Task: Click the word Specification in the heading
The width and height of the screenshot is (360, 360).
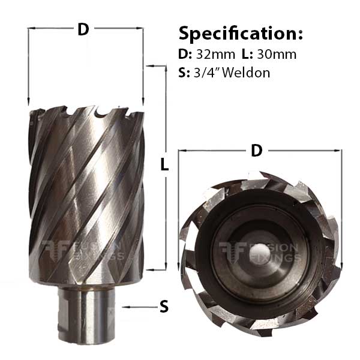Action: coord(241,32)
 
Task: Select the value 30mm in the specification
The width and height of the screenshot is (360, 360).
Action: coord(277,54)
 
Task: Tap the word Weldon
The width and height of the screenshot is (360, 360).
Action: coord(248,73)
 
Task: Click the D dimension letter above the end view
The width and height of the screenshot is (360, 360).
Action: coord(257,151)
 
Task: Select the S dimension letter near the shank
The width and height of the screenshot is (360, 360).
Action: coord(163,307)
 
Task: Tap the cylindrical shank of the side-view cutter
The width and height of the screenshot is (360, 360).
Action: coord(88,318)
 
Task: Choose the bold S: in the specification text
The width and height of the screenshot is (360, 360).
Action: coord(183,73)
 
